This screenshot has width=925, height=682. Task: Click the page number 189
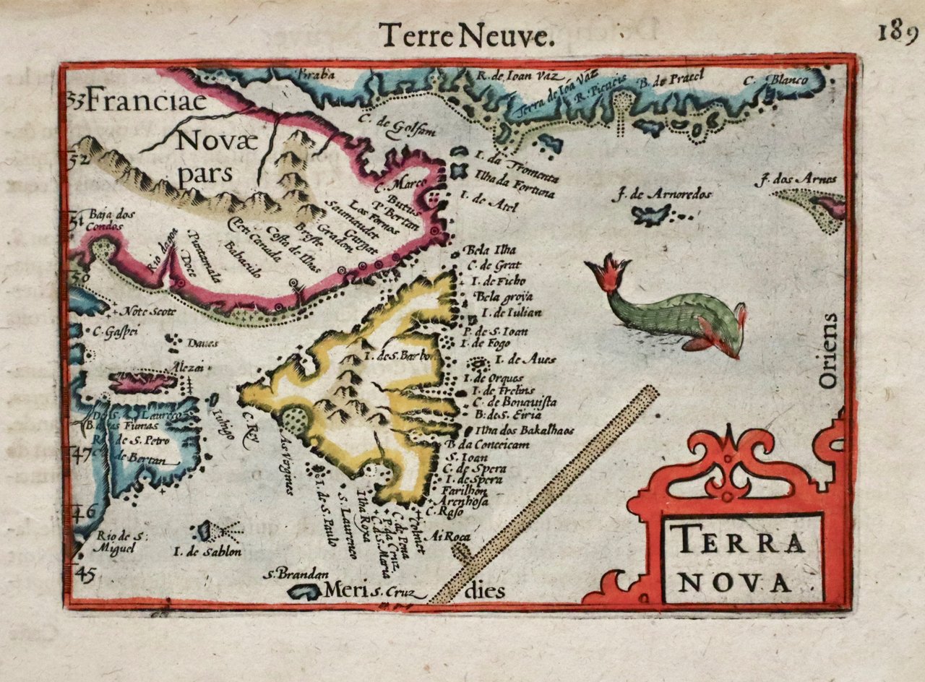[x=898, y=33]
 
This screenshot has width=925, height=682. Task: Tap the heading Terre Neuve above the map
[x=466, y=37]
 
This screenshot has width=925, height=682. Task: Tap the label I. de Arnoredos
[x=661, y=194]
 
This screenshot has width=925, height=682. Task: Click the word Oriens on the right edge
[x=830, y=350]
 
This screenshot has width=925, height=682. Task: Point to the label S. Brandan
[x=293, y=575]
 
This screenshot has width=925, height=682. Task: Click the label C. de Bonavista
[x=515, y=402]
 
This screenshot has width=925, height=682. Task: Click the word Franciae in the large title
[x=138, y=104]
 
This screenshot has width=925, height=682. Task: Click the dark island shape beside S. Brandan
[x=304, y=592]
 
